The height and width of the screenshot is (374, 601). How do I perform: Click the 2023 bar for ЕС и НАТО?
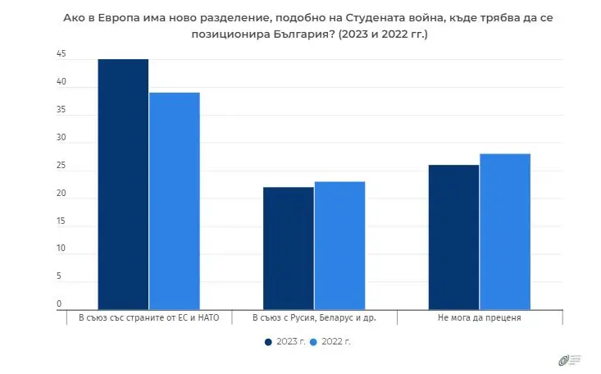tap(123, 184)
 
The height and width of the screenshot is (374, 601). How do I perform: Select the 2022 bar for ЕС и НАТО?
tap(174, 200)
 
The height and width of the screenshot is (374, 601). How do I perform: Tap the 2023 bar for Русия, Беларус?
tap(288, 248)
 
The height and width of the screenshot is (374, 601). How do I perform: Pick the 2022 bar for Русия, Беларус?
tap(339, 245)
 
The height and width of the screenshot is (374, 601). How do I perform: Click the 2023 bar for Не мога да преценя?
tap(453, 236)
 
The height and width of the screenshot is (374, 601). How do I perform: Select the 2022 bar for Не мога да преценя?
tap(504, 230)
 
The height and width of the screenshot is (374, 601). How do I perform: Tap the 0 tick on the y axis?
tap(59, 303)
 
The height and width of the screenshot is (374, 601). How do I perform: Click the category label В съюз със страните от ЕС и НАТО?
tap(148, 317)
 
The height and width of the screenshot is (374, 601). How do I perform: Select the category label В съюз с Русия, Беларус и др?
tap(313, 317)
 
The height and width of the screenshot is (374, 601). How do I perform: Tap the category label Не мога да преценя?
tap(479, 317)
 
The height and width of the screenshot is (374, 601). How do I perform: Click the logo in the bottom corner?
tap(568, 359)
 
